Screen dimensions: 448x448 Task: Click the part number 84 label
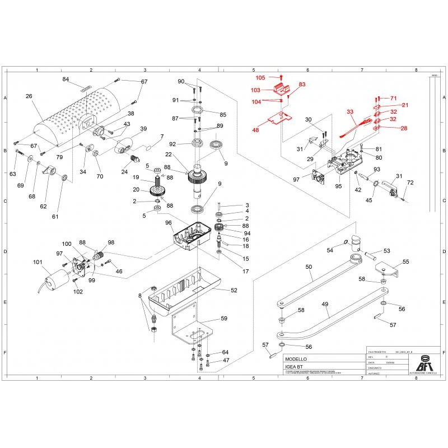click(x=66, y=80)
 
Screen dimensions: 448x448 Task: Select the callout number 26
click(x=29, y=96)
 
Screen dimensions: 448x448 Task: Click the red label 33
click(x=351, y=112)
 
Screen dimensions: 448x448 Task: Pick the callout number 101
click(x=38, y=262)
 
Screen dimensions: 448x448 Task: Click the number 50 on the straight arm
click(x=309, y=268)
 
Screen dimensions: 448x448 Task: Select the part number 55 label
click(x=406, y=262)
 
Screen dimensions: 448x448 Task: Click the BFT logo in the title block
click(x=426, y=362)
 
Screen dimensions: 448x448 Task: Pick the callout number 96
click(x=169, y=222)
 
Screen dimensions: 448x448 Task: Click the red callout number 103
click(x=255, y=90)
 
